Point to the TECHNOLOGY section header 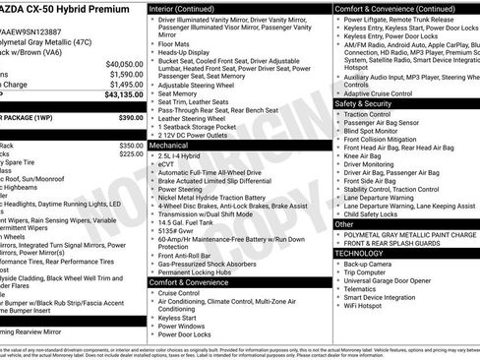(359, 253)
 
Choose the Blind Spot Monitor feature (374, 131)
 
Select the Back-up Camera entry (369, 264)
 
